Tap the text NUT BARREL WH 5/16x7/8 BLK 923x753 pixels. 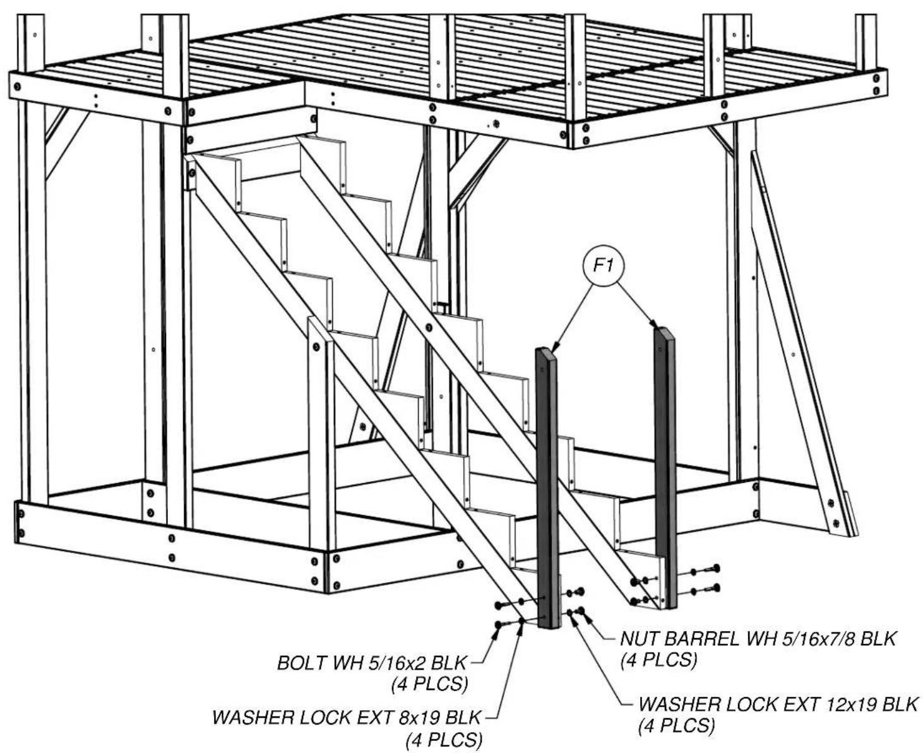[x=758, y=639]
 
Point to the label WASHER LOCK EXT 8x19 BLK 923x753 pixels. [x=346, y=718]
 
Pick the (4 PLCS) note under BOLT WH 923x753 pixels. [x=429, y=684]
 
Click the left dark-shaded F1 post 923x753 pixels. [x=547, y=488]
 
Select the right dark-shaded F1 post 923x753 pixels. [x=665, y=467]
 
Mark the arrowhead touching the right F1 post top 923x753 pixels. [x=654, y=324]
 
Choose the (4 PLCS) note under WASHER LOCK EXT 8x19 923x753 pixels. [x=444, y=739]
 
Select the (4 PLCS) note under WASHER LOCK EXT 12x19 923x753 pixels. [x=677, y=725]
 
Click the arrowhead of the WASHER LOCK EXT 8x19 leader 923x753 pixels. [x=521, y=624]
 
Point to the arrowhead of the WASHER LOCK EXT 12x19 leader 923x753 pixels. [x=575, y=618]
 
